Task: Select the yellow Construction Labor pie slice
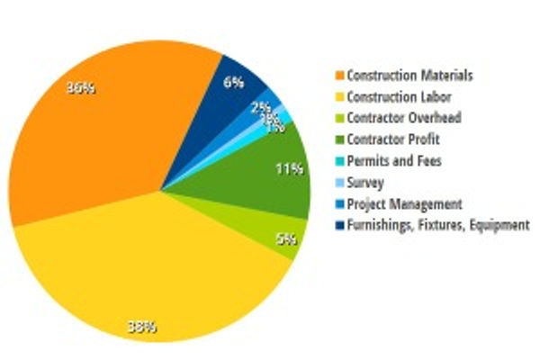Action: (x=153, y=270)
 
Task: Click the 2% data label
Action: (x=261, y=105)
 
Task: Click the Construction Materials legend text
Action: (x=397, y=76)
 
